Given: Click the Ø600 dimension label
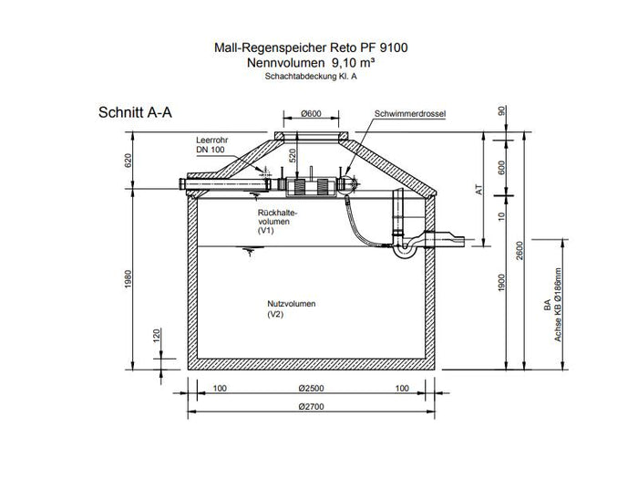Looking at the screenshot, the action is point(312,114).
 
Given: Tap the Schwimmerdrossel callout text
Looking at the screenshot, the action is point(410,114).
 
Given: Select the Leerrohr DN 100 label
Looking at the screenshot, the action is point(212,144).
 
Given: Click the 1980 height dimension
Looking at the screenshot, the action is point(129,279).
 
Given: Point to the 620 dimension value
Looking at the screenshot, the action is point(129,161).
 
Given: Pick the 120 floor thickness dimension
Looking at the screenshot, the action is point(157,335).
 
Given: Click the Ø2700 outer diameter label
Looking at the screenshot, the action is point(312,407).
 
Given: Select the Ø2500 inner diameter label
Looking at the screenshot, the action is point(312,388).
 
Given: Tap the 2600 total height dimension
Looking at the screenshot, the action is point(520,251).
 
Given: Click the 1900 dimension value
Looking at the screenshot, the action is point(501,283).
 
